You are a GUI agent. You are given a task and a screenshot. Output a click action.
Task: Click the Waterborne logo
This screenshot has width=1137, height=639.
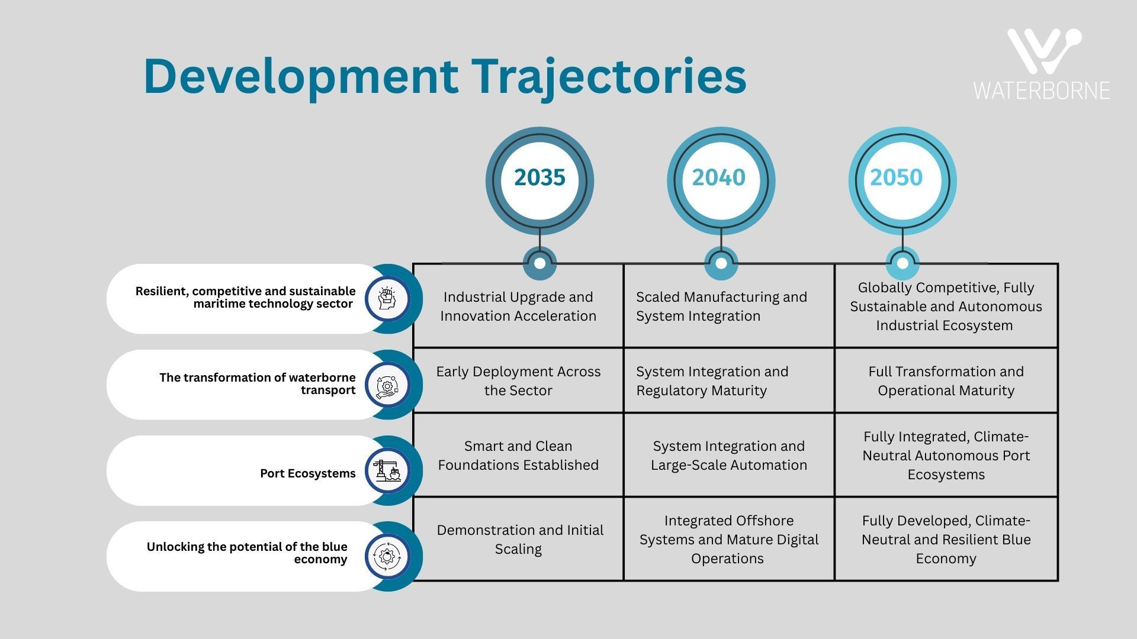click(x=1042, y=64)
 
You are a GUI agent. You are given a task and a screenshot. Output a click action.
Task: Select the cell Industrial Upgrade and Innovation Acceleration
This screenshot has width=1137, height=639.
click(x=518, y=306)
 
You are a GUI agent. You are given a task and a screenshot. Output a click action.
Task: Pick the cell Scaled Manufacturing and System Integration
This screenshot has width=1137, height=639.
click(x=729, y=306)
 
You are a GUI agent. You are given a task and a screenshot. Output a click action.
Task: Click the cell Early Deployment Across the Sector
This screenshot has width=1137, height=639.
click(x=518, y=380)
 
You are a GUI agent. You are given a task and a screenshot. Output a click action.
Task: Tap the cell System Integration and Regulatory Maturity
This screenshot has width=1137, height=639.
click(x=729, y=380)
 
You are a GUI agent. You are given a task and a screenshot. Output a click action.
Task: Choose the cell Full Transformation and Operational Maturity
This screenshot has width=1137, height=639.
click(x=946, y=380)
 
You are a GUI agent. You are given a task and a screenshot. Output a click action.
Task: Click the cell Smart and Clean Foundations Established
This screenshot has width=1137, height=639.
click(x=518, y=455)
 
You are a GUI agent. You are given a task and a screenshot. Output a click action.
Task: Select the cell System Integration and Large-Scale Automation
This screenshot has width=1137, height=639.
click(x=729, y=455)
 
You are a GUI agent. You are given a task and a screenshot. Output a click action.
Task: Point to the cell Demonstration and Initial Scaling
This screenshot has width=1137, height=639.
click(x=518, y=539)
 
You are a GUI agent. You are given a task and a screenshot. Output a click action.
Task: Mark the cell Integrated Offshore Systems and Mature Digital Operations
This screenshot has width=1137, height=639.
click(x=729, y=539)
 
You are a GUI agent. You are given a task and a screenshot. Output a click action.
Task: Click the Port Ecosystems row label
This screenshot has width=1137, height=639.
click(x=308, y=473)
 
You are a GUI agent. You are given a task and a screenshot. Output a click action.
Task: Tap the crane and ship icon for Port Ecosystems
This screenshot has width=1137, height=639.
click(x=387, y=471)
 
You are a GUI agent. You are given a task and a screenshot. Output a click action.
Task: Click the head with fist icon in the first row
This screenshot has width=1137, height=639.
click(x=387, y=299)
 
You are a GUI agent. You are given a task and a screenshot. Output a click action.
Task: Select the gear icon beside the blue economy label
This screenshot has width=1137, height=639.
click(x=387, y=556)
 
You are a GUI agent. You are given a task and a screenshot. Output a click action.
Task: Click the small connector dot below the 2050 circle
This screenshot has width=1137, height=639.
click(x=902, y=263)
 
